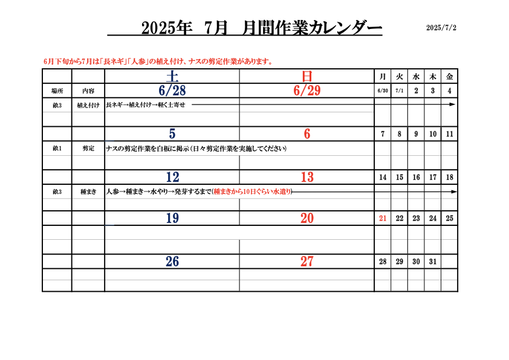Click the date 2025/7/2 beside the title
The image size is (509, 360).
(441, 28)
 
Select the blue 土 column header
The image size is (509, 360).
(172, 77)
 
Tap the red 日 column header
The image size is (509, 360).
(306, 77)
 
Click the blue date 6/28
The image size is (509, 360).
(172, 91)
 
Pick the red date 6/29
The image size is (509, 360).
(306, 91)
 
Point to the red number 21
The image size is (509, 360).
(383, 218)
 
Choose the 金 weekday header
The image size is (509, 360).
(449, 77)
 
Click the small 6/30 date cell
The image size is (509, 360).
(383, 91)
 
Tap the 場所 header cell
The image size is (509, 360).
(57, 91)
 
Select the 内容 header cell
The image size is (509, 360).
(88, 91)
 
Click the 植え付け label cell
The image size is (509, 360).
(88, 105)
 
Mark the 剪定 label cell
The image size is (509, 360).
(88, 148)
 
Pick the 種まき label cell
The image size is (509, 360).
(88, 191)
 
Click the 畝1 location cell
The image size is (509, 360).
(57, 148)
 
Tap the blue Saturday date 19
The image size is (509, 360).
(172, 218)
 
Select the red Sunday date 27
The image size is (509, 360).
(306, 262)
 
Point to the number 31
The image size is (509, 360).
(433, 262)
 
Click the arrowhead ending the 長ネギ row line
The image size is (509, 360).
(453, 104)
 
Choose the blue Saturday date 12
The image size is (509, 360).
(172, 177)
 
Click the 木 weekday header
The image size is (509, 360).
(433, 77)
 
